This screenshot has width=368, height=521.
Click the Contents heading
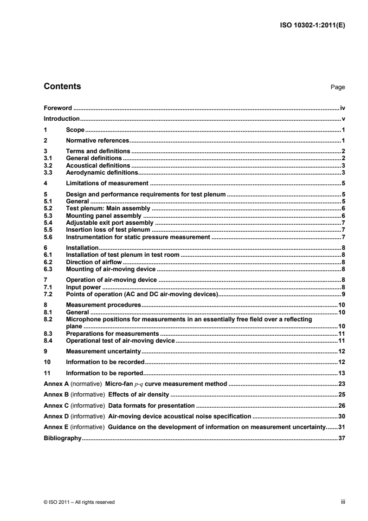point(62,86)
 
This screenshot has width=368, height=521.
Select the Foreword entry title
point(58,108)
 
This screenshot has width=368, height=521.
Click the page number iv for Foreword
point(342,108)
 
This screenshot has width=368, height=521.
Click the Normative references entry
point(97,140)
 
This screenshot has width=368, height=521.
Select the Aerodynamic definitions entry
point(99,172)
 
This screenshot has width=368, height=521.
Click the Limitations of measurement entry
point(107,183)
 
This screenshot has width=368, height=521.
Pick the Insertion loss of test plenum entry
point(108,230)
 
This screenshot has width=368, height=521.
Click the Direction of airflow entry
point(94,262)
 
